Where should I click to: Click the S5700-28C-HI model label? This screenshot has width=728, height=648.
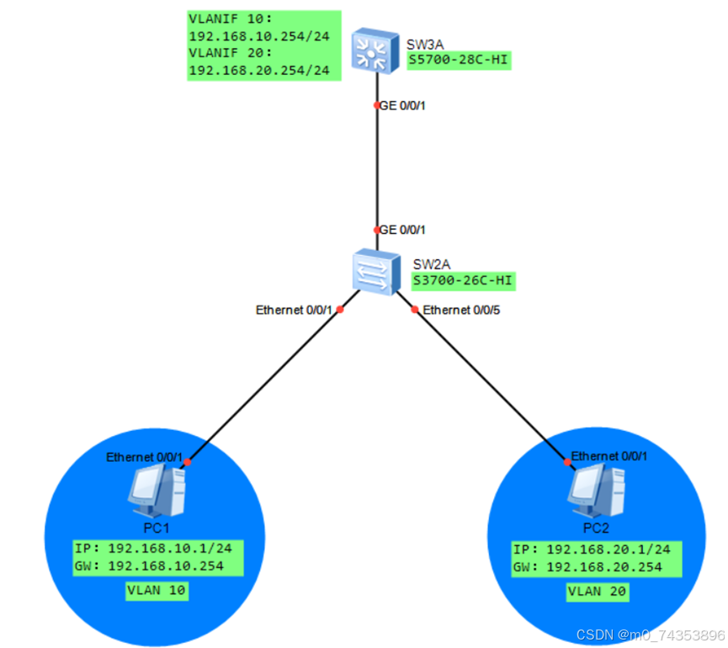pos(459,61)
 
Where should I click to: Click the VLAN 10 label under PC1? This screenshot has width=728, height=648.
pos(156,591)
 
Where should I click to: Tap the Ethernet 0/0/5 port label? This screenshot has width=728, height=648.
pos(460,311)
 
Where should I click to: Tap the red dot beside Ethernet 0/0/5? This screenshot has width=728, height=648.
pos(414,310)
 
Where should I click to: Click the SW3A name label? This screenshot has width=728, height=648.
pos(425,42)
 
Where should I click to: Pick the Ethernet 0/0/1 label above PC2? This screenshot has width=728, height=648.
pos(609,456)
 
